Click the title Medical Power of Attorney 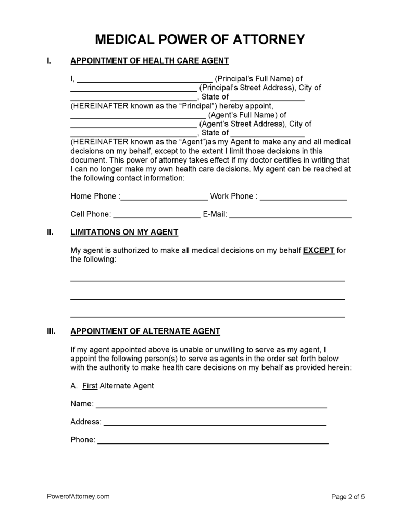pyautogui.click(x=200, y=40)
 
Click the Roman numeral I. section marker pyautogui.click(x=49, y=61)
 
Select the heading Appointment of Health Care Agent pyautogui.click(x=149, y=61)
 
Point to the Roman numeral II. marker pyautogui.click(x=50, y=232)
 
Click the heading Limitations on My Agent pyautogui.click(x=124, y=232)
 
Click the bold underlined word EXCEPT pyautogui.click(x=319, y=250)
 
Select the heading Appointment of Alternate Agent pyautogui.click(x=145, y=331)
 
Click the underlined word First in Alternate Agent pyautogui.click(x=91, y=386)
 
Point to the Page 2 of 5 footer pyautogui.click(x=348, y=497)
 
